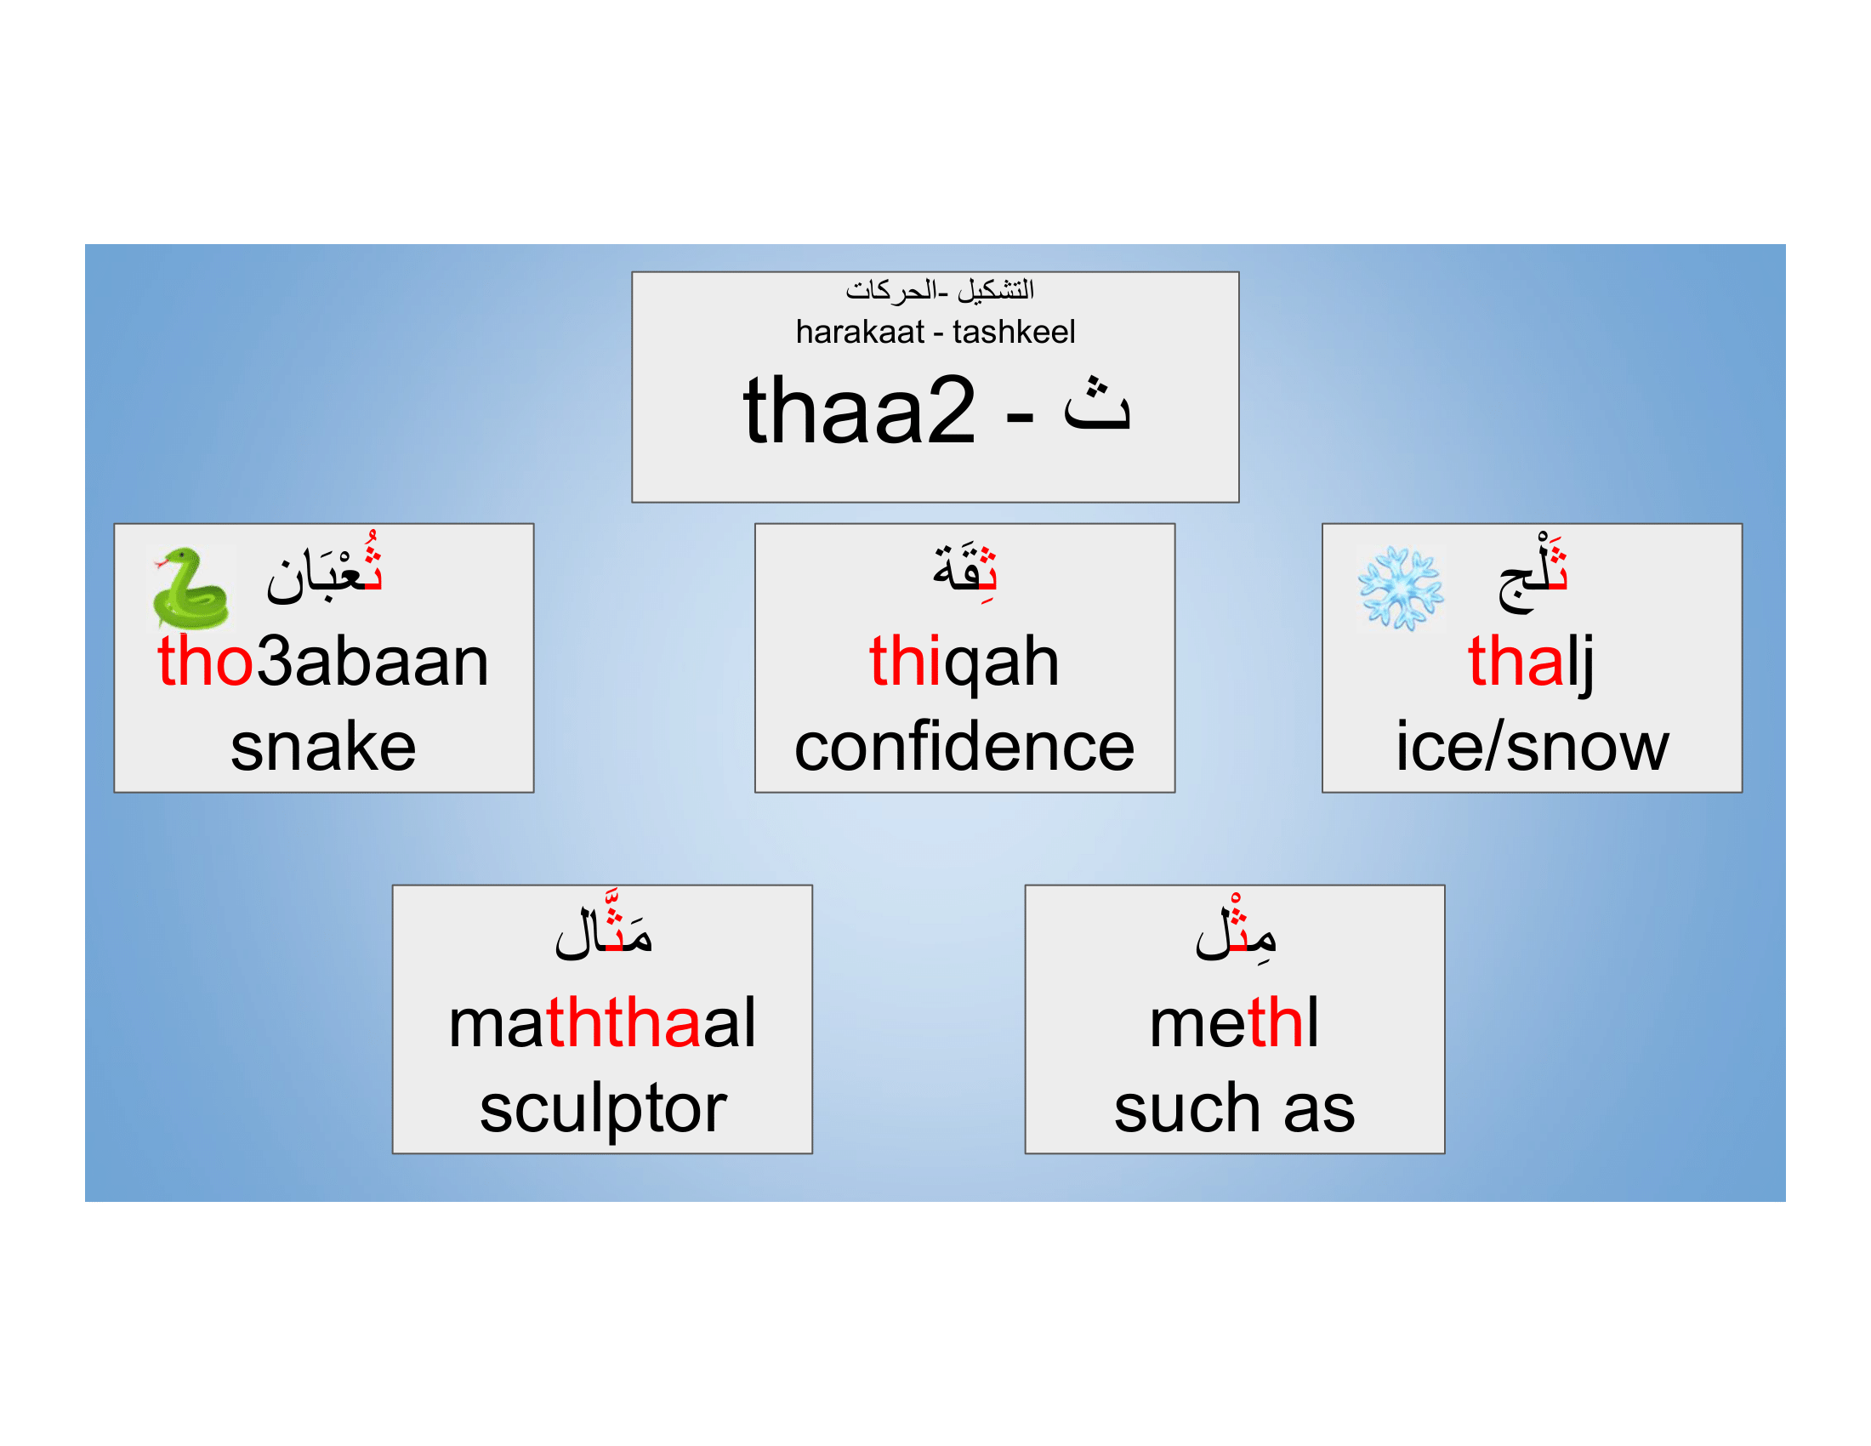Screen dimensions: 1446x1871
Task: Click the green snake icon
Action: (191, 589)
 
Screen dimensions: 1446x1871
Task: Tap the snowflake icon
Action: (1400, 589)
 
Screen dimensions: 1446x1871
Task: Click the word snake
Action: (323, 747)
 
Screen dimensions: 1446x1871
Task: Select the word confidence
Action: (964, 747)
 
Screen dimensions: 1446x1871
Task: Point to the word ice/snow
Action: (1532, 747)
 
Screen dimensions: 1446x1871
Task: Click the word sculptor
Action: (602, 1108)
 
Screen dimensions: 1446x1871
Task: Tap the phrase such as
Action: (1234, 1108)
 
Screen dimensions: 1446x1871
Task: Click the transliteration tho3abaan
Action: (323, 661)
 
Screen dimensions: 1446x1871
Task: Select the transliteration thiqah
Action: (964, 661)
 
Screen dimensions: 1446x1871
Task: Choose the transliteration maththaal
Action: (602, 1022)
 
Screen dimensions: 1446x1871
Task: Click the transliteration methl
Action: (1234, 1022)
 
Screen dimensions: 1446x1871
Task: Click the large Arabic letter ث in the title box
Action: (1096, 404)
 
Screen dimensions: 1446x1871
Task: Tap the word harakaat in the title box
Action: (859, 332)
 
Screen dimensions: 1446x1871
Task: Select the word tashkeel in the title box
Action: (1013, 332)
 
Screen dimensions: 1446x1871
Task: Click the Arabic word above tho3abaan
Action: (325, 572)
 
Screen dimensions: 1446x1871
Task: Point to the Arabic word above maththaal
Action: (603, 931)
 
